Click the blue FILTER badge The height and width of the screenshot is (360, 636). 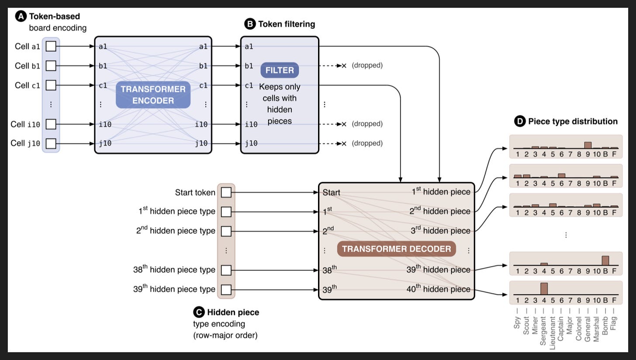coord(280,70)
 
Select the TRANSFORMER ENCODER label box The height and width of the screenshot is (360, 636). coord(153,95)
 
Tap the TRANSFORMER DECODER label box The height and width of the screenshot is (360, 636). coord(396,249)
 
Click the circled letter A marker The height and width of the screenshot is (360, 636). coord(21,16)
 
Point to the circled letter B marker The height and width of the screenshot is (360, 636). coord(250,24)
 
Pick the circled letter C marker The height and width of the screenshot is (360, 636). coord(199,312)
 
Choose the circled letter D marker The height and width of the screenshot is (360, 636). coord(520,121)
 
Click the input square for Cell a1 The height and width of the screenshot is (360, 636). coord(51,46)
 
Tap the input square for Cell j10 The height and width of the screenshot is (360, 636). coord(51,143)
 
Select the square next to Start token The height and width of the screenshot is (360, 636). coord(226,192)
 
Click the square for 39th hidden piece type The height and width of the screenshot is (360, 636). coord(226,290)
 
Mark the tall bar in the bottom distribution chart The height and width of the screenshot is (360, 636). coord(544,288)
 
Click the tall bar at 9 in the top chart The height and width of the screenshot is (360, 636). coord(588,145)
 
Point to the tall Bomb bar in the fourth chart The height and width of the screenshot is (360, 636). coord(605,260)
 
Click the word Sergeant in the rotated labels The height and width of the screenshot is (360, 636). coord(543,331)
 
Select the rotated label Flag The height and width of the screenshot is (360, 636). coord(614,323)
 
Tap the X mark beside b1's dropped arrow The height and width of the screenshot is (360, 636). coord(344,66)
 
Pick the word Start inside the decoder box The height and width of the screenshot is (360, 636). coord(332,193)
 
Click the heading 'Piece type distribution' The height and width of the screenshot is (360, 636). coord(573,121)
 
